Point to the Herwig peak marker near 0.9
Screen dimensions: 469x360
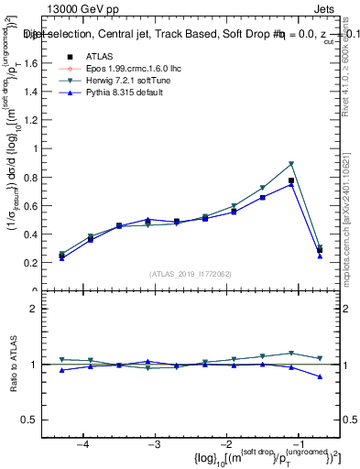pyautogui.click(x=291, y=164)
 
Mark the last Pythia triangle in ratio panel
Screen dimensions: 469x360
pyautogui.click(x=320, y=376)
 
